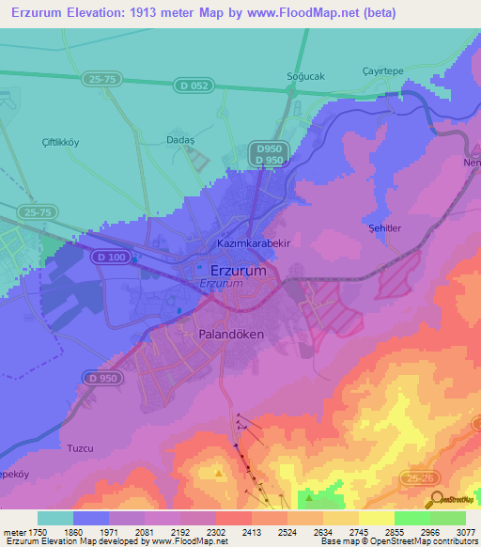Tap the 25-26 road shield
[x=421, y=478]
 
